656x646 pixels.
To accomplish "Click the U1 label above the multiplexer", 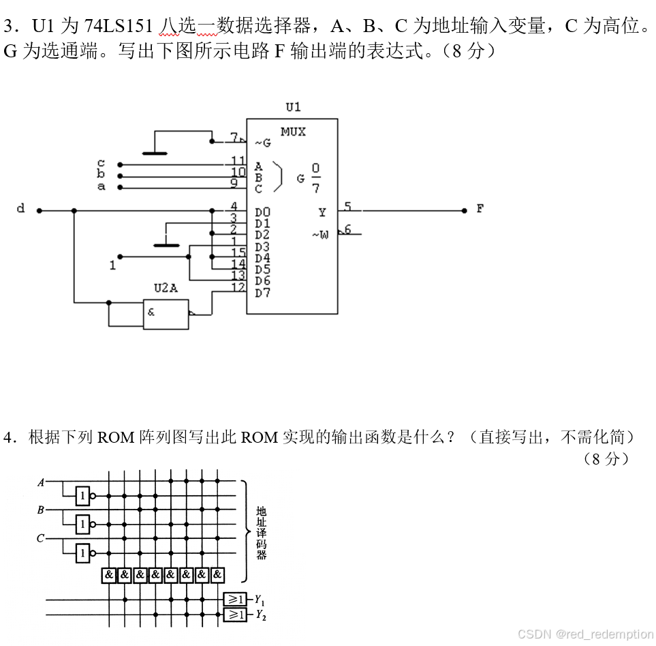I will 293,106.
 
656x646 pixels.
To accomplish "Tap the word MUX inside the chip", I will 293,132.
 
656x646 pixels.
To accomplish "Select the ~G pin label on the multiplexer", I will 262,143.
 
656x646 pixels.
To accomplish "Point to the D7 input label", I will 262,293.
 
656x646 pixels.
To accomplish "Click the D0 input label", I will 262,213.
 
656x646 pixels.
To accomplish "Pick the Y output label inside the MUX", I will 322,213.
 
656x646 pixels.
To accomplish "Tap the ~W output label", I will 320,235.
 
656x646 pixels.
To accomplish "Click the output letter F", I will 480,209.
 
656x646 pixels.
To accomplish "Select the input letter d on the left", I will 20,209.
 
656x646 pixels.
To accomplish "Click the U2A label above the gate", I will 165,288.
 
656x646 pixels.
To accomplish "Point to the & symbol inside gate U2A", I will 151,312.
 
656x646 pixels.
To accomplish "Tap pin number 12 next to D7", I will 238,288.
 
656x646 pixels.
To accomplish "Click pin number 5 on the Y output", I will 347,206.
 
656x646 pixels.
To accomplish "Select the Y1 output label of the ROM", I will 259,600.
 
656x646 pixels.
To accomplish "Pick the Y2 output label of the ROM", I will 259,615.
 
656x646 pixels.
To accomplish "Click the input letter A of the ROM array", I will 41,482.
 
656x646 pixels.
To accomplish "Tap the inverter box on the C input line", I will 82,553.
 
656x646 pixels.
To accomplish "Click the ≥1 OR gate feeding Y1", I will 235,599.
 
